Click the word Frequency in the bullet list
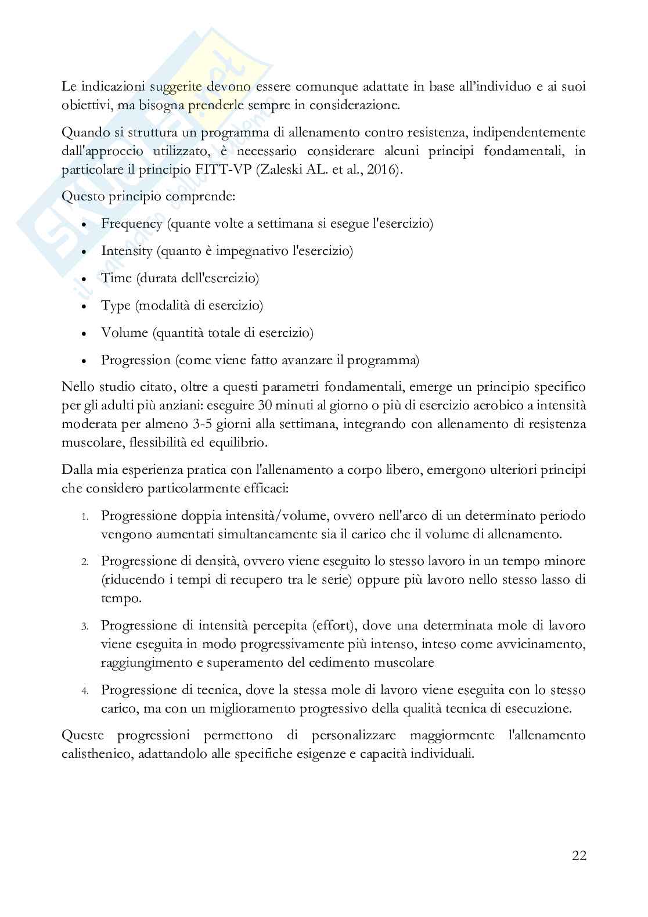tap(131, 224)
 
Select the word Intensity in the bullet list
tap(127, 251)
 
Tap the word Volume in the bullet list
tap(124, 333)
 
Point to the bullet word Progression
tap(136, 360)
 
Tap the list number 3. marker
tap(84, 627)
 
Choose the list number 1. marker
tap(84, 516)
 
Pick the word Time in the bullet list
tap(116, 278)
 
